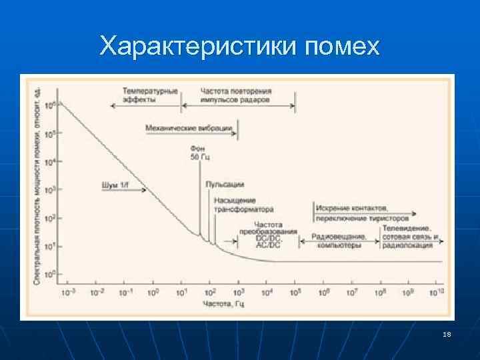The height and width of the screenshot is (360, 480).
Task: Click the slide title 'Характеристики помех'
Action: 240,46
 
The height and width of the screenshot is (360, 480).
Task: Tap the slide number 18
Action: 446,334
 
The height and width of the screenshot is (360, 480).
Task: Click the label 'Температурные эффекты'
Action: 150,95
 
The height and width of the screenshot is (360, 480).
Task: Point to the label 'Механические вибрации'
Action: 189,127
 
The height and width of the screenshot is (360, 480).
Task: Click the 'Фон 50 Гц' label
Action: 199,152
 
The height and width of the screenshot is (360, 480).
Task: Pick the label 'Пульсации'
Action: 225,184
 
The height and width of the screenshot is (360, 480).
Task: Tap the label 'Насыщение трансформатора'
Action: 234,205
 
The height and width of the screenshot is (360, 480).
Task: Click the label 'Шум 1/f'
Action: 115,184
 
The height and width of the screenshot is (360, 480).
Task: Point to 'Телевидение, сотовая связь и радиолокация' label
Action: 410,237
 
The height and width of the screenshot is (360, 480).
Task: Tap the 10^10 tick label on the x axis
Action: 437,292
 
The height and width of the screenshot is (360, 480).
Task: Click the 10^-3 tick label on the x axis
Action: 67,292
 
